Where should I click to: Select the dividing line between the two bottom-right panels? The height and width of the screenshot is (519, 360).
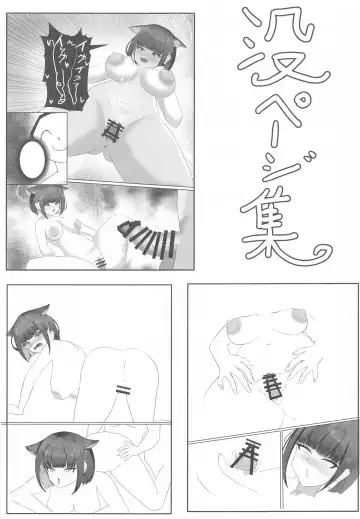click(270, 420)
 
